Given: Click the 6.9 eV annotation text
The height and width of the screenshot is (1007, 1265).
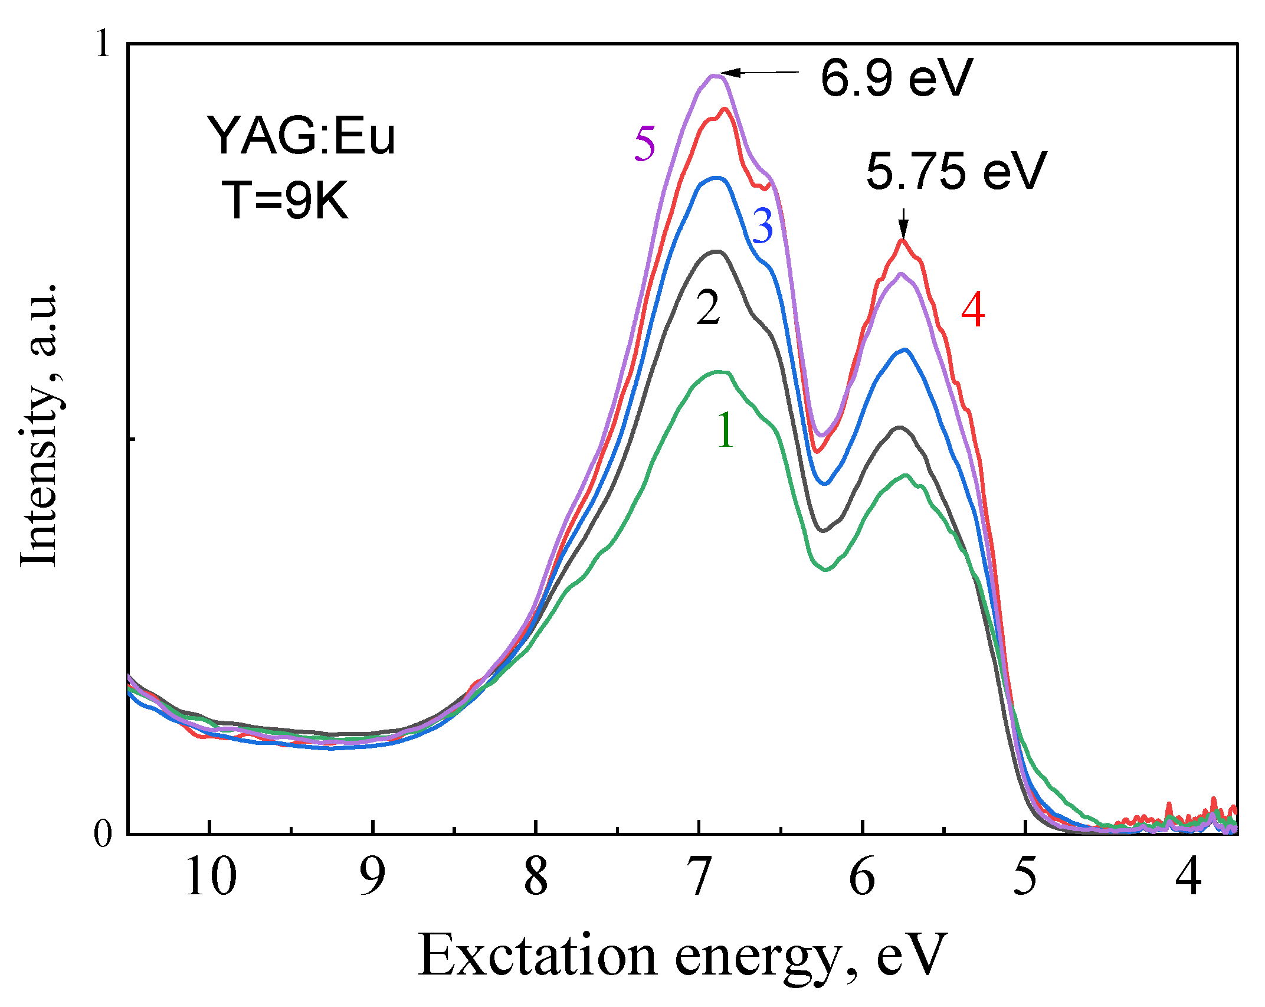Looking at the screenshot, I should [896, 78].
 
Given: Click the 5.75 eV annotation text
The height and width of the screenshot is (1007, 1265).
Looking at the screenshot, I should [956, 171].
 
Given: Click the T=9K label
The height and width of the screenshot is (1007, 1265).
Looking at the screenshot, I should [286, 201].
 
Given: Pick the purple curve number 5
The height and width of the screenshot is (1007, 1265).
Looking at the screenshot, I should [644, 144].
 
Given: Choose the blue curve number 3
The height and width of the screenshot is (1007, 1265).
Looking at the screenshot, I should [762, 226].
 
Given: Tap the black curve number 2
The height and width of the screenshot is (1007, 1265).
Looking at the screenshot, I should [708, 308].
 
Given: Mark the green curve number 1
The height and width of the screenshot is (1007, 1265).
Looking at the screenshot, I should [725, 430].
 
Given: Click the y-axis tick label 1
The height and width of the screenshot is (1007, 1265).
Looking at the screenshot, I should [103, 44].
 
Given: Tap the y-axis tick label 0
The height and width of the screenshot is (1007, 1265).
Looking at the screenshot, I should [103, 833].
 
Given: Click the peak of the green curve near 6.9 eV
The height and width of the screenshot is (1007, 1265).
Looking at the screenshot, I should [718, 372].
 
